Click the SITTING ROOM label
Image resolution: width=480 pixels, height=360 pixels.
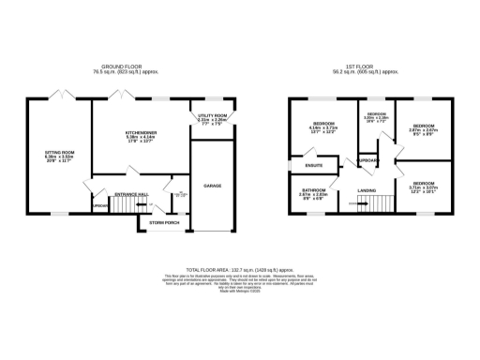[59, 150]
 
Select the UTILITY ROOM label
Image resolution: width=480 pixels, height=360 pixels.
[212, 115]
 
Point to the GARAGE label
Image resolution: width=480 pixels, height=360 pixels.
[213, 186]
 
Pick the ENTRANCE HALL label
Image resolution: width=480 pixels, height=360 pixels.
[130, 193]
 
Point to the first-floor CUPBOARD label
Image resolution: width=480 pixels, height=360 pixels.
[367, 160]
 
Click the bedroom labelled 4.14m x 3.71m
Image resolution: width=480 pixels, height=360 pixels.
[324, 127]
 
